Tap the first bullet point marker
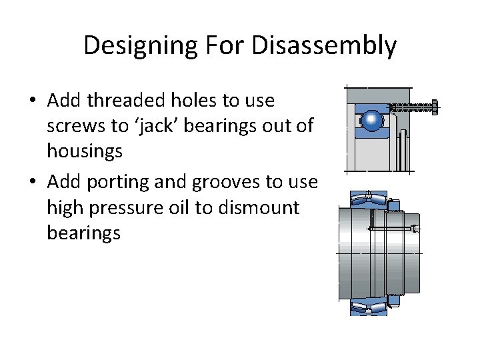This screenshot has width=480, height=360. (x=33, y=101)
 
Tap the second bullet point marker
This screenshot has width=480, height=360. (x=33, y=183)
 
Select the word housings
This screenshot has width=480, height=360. (x=85, y=151)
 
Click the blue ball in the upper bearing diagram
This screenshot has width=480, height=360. (x=371, y=121)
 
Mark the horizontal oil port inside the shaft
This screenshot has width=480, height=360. (x=390, y=229)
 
